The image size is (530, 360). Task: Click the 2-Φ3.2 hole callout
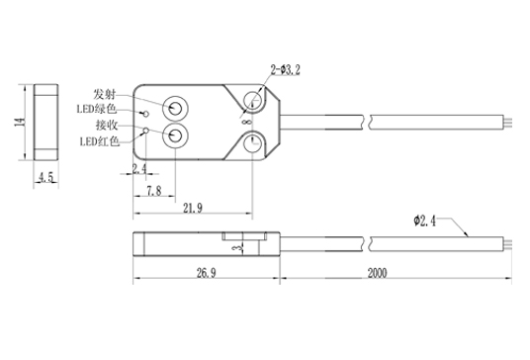pos(286,70)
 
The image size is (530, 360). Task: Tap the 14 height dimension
pos(20,122)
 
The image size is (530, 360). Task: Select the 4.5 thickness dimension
pos(45,177)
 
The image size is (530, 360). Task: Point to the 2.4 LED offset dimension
pos(139,168)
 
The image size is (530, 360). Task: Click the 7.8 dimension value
pos(154,191)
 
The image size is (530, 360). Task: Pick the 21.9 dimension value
pos(193,209)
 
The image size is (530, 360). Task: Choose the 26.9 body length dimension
pos(207,272)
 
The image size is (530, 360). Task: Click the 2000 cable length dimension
pos(377,273)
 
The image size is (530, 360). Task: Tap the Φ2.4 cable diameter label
pos(425,221)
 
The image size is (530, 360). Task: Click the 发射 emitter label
pos(105,94)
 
